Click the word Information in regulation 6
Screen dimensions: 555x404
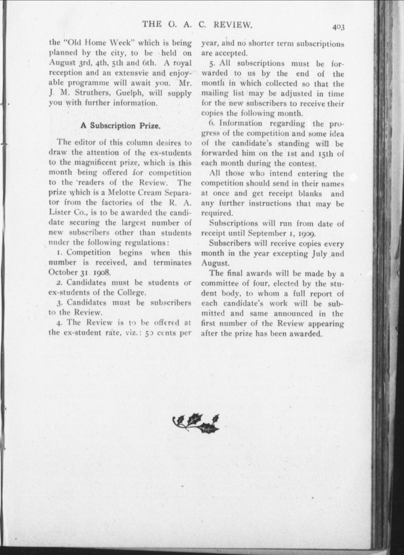coord(240,123)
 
